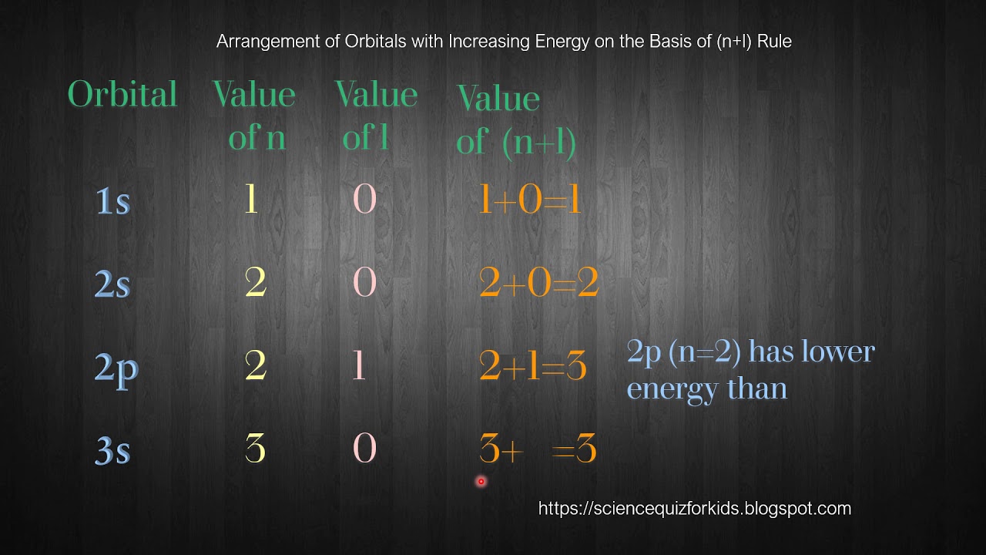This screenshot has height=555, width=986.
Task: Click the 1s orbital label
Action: (x=112, y=201)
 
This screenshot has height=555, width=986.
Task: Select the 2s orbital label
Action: (x=112, y=285)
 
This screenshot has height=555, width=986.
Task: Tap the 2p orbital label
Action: (x=116, y=368)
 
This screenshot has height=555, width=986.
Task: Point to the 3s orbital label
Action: (x=112, y=451)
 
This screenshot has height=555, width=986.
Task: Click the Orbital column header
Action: (x=122, y=95)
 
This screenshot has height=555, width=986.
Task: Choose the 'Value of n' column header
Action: (x=255, y=116)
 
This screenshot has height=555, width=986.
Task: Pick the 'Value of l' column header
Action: (x=376, y=116)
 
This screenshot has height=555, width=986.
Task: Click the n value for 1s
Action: (x=250, y=200)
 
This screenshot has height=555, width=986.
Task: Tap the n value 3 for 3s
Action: (x=255, y=449)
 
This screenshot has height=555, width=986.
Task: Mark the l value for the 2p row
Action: (x=358, y=366)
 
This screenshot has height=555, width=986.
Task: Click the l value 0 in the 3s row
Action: (x=364, y=449)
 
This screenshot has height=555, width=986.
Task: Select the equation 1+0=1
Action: (x=529, y=201)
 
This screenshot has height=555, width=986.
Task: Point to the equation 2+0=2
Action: (x=538, y=284)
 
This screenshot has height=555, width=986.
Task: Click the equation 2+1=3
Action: (x=533, y=367)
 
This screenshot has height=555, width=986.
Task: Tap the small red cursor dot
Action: (x=481, y=482)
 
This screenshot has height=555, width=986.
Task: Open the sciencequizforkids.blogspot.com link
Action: (x=694, y=509)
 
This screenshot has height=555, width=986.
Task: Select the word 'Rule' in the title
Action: (x=774, y=42)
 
